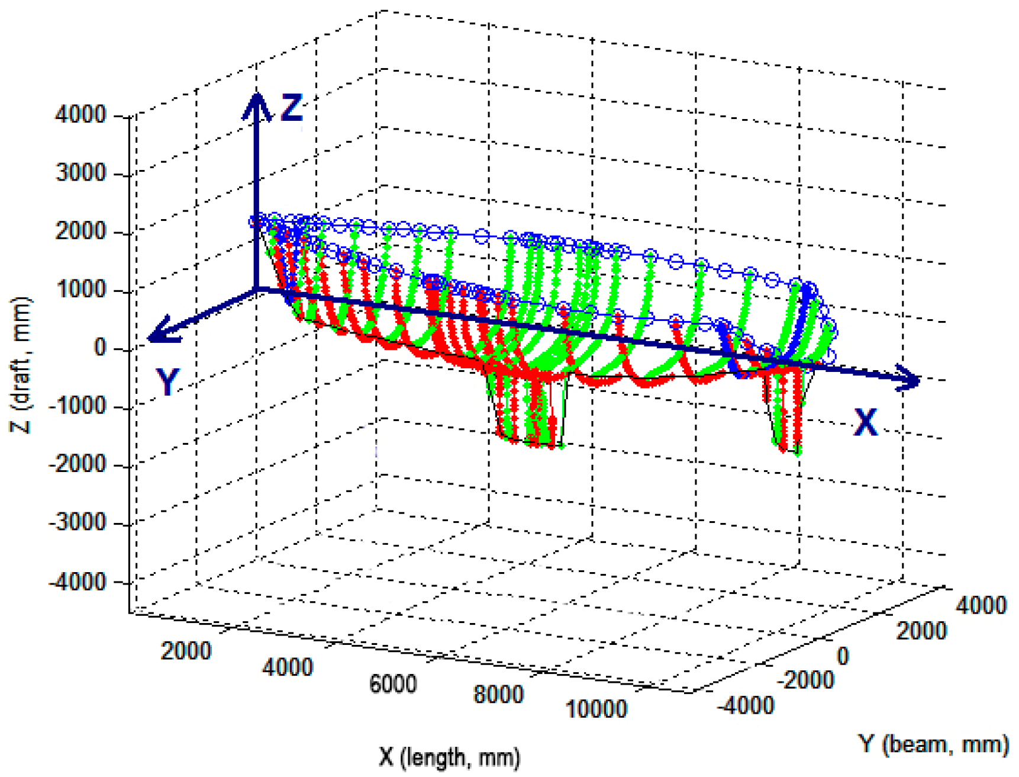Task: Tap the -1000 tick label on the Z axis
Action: point(78,407)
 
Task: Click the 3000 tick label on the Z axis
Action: point(81,174)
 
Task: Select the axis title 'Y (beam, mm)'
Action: point(933,743)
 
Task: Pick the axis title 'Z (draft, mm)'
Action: point(21,365)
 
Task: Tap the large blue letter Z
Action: point(291,108)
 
